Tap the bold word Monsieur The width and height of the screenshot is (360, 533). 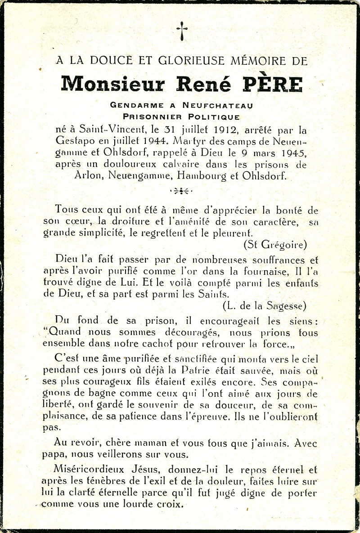[113, 84]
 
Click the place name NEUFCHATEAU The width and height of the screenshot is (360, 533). [217, 105]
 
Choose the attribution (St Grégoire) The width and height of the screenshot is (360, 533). [275, 245]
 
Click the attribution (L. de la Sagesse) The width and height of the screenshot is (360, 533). [265, 306]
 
